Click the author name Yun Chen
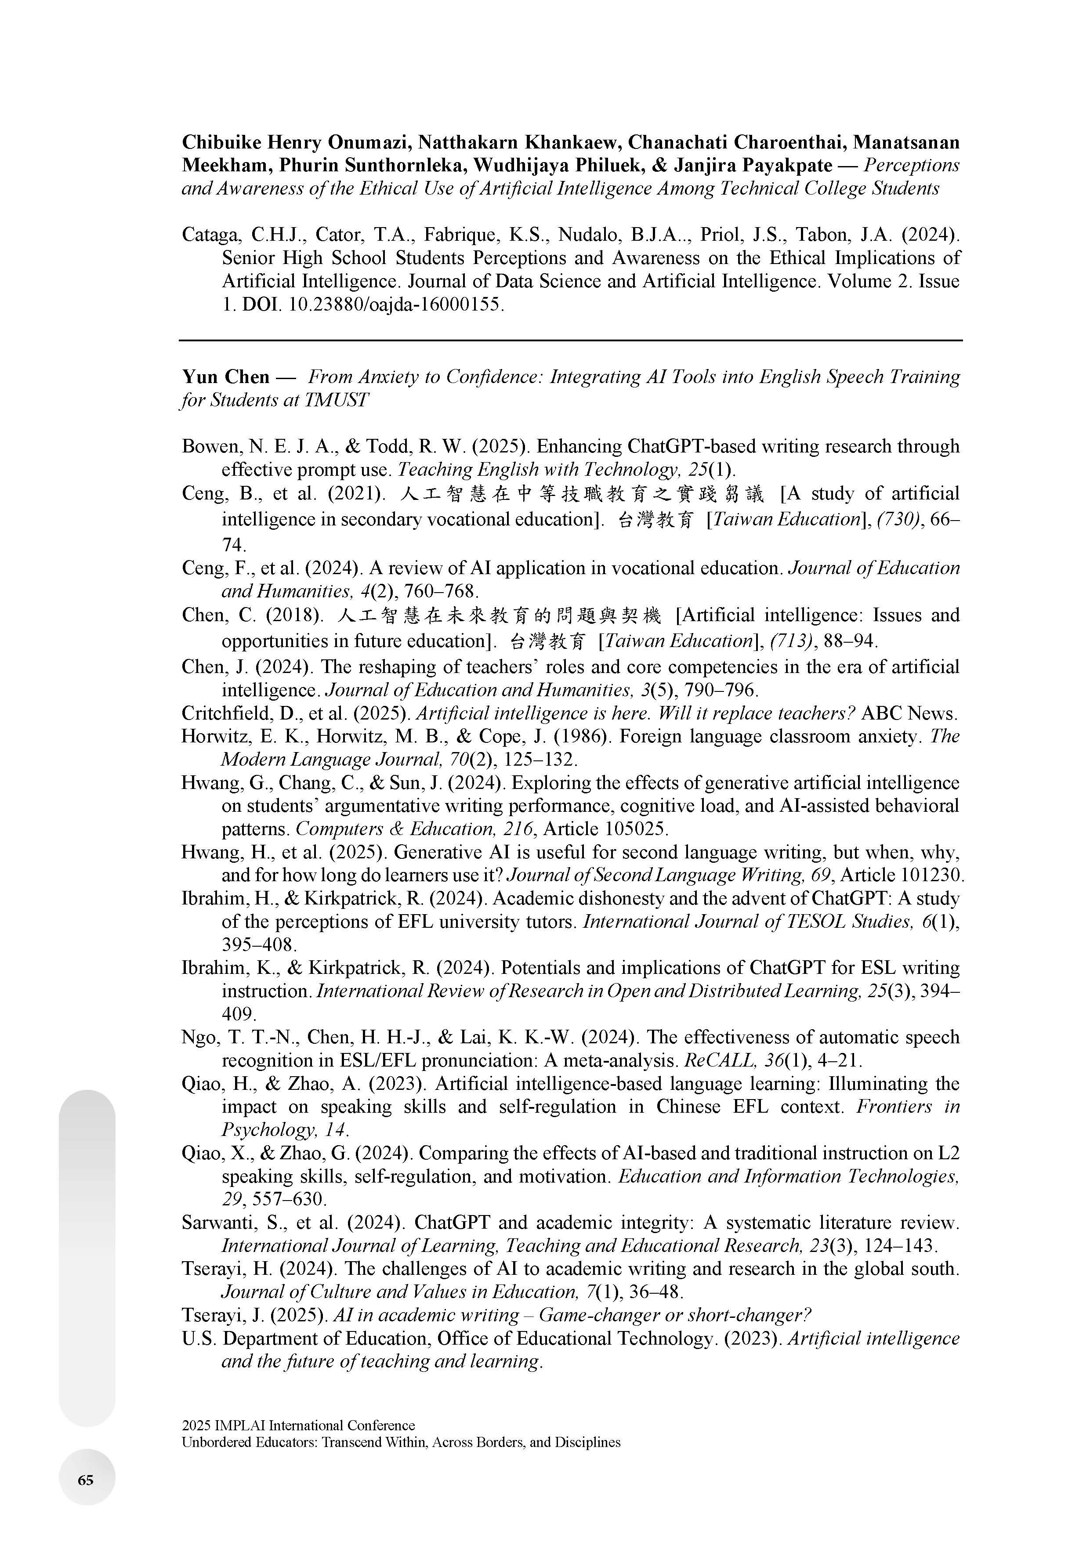coord(225,377)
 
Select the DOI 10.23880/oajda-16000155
coord(395,305)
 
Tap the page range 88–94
coord(850,641)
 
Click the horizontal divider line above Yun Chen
coord(571,341)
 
